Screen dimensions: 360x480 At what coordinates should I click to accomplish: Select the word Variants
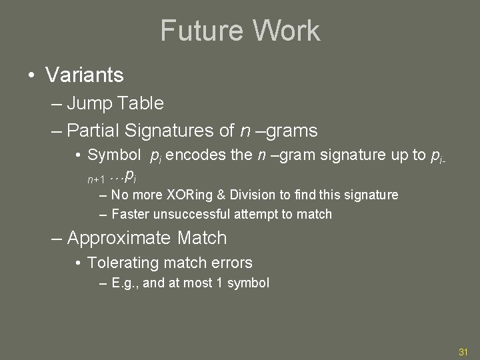pos(85,75)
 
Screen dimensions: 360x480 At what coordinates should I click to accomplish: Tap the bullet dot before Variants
pos(31,75)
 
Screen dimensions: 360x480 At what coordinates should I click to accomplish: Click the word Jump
pos(91,103)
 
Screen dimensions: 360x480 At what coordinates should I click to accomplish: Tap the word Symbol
pos(114,156)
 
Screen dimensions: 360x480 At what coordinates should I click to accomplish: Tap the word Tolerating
pos(123,263)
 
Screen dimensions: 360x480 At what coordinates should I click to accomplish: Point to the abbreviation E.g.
pos(124,283)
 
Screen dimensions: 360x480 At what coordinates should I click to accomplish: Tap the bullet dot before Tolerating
pos(79,264)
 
